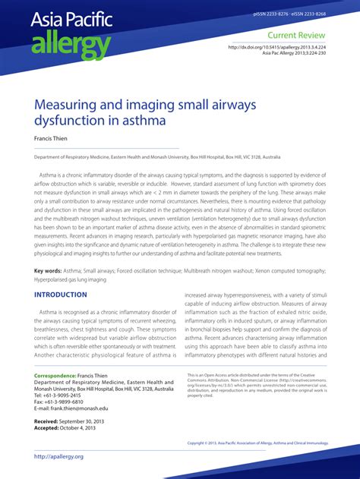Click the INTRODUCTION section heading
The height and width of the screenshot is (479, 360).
(x=61, y=295)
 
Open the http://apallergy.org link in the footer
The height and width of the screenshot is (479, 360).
(x=58, y=456)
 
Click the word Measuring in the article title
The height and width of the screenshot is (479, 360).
(x=74, y=102)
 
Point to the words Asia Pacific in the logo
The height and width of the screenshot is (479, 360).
(x=71, y=20)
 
